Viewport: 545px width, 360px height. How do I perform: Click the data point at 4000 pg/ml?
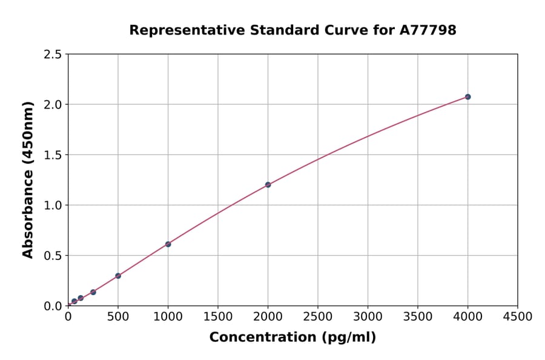pyautogui.click(x=467, y=97)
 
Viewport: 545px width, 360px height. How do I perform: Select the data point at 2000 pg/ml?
pyautogui.click(x=268, y=185)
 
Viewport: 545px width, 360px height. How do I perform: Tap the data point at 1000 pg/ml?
pyautogui.click(x=168, y=244)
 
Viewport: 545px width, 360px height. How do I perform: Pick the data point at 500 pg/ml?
pyautogui.click(x=118, y=276)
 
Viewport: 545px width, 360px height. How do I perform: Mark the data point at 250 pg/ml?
pyautogui.click(x=93, y=292)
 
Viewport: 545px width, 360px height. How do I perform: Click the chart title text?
pyautogui.click(x=292, y=30)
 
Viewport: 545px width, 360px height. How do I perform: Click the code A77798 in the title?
pyautogui.click(x=429, y=30)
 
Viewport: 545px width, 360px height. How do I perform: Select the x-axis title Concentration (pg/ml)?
pyautogui.click(x=292, y=338)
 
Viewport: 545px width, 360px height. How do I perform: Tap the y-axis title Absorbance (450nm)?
pyautogui.click(x=28, y=180)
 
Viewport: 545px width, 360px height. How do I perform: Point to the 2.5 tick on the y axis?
pyautogui.click(x=53, y=55)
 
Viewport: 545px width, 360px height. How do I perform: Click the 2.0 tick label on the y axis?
pyautogui.click(x=53, y=105)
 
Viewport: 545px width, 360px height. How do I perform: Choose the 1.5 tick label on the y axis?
pyautogui.click(x=53, y=155)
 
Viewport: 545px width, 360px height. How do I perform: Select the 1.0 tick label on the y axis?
pyautogui.click(x=53, y=205)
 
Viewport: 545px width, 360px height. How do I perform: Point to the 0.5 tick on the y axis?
pyautogui.click(x=53, y=256)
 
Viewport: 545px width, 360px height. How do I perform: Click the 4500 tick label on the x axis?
pyautogui.click(x=517, y=317)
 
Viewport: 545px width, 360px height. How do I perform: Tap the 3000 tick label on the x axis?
pyautogui.click(x=368, y=317)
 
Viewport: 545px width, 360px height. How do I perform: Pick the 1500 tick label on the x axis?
pyautogui.click(x=218, y=317)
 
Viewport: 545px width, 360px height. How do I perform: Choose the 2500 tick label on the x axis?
pyautogui.click(x=318, y=317)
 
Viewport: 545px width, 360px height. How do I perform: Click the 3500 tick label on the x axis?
pyautogui.click(x=418, y=317)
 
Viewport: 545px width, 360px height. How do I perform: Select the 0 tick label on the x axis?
pyautogui.click(x=68, y=317)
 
